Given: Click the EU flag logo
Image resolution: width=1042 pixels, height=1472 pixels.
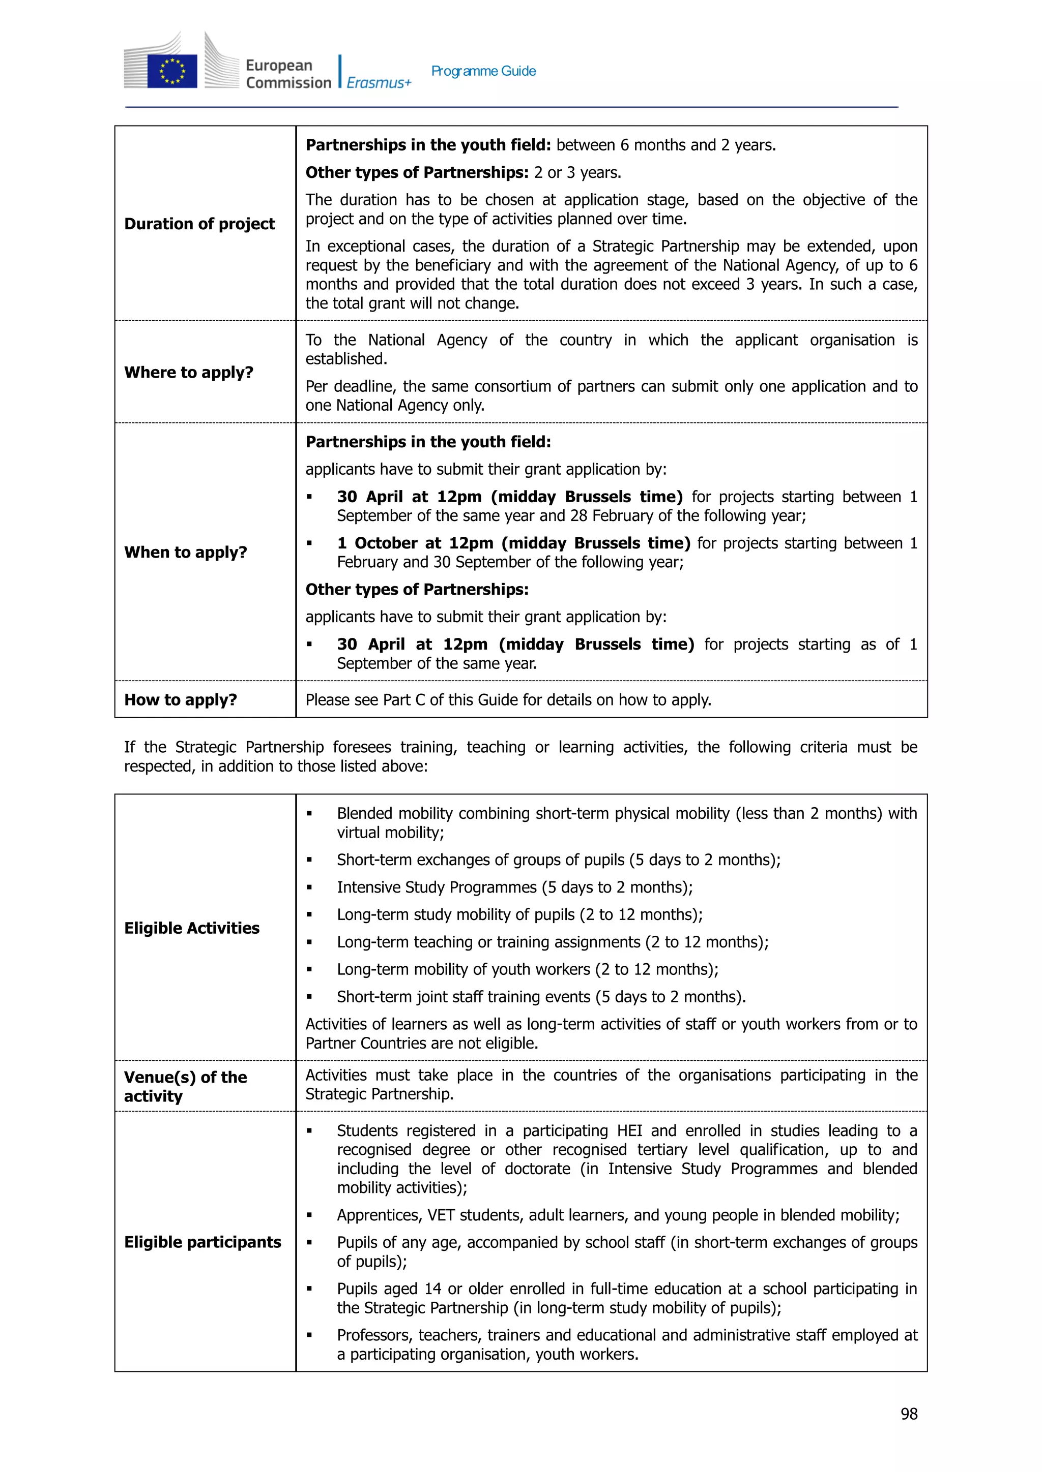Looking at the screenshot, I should pyautogui.click(x=172, y=71).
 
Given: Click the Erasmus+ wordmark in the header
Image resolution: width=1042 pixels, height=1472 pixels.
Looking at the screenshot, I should pyautogui.click(x=379, y=83).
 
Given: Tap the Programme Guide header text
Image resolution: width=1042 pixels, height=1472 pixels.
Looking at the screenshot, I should pyautogui.click(x=483, y=71).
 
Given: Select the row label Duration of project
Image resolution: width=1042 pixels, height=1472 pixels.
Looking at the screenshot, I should pyautogui.click(x=199, y=224).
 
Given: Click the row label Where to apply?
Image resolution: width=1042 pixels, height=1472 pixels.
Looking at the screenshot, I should pyautogui.click(x=189, y=373).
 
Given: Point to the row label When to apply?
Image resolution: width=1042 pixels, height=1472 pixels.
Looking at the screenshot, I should pyautogui.click(x=185, y=552).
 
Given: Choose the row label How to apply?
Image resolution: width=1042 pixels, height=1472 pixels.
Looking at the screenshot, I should pyautogui.click(x=180, y=699).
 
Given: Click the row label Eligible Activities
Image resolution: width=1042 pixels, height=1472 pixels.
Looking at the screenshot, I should pyautogui.click(x=192, y=928).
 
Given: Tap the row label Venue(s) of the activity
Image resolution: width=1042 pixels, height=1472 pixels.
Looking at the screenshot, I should pyautogui.click(x=185, y=1086).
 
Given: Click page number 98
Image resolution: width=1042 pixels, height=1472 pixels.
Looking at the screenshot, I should pyautogui.click(x=909, y=1414).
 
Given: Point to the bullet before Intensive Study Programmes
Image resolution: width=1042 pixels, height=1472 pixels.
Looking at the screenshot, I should pyautogui.click(x=309, y=887).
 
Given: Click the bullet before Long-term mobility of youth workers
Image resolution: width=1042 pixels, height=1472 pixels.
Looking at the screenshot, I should pyautogui.click(x=309, y=969).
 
